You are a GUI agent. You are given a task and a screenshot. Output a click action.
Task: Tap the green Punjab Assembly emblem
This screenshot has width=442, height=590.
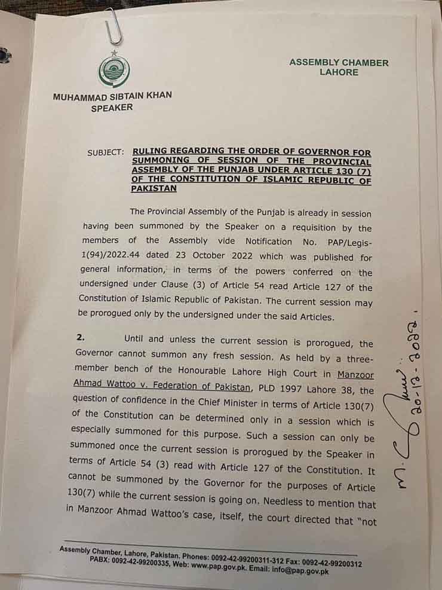pos(113,70)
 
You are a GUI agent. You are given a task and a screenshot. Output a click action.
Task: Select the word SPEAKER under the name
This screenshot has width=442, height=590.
pos(112,108)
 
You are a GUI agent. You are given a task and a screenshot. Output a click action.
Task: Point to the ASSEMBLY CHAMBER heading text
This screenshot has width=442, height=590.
pos(339,62)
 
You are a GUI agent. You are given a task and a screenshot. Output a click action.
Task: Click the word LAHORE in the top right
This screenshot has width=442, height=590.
pos(339,72)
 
